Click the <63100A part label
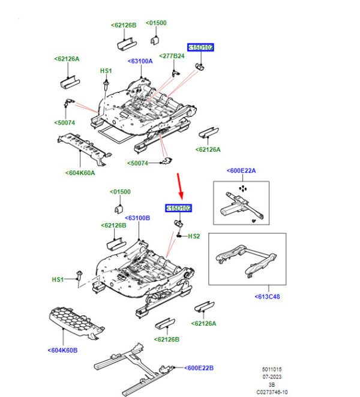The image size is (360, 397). coord(140,61)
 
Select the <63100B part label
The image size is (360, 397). coord(137,218)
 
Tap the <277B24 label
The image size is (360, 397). coord(172,56)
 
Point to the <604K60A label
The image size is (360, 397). coord(80,173)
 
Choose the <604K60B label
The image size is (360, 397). coord(62,350)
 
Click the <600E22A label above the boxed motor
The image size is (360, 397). coord(241,171)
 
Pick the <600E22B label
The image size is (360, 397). coord(199,368)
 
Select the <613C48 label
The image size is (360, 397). coord(267,297)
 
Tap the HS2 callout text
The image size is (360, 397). coord(194,236)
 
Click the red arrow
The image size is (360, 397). coord(179,186)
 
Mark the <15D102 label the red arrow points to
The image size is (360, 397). coord(178,208)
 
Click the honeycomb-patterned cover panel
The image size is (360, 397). coord(76,323)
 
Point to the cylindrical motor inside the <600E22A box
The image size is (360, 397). coord(229,210)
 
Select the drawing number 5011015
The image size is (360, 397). coord(272,369)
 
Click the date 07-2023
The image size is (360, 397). coord(272,377)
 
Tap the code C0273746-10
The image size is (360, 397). coord(272,392)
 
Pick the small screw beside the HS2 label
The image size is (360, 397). coord(179,236)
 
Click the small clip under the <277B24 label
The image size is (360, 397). coord(175,74)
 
